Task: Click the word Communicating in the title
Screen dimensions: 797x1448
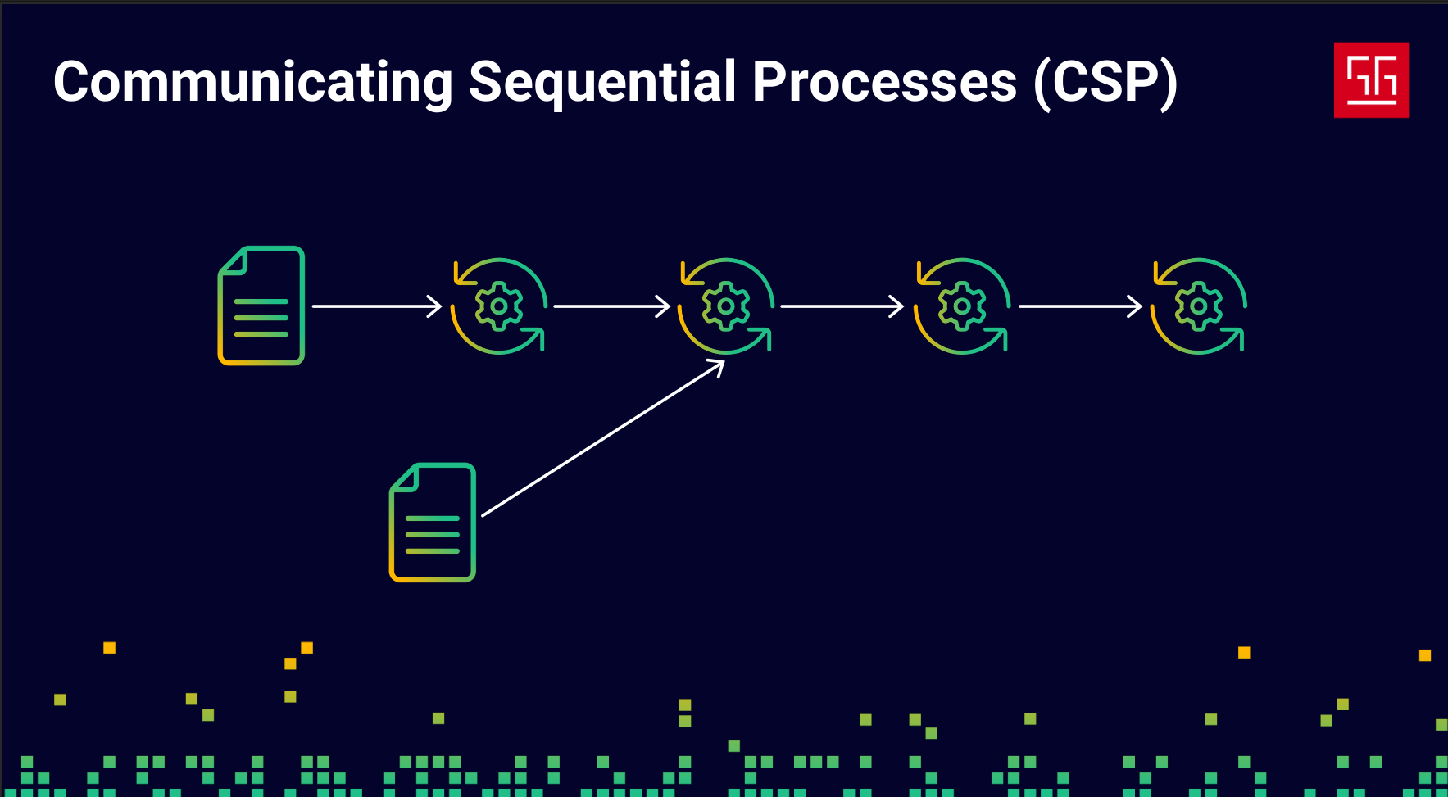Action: click(x=252, y=83)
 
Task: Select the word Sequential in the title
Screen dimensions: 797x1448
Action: click(x=602, y=83)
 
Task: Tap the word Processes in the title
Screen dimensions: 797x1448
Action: click(x=884, y=83)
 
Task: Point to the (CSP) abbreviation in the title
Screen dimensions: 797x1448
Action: click(x=1105, y=83)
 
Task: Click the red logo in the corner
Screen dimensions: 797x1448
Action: click(x=1371, y=79)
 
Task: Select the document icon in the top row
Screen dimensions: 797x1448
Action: click(x=261, y=306)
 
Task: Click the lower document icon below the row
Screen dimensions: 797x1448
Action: click(x=433, y=523)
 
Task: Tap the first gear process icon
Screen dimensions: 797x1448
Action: click(x=498, y=306)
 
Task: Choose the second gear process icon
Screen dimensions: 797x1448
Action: click(x=725, y=306)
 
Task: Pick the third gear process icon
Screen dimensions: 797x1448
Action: click(x=962, y=306)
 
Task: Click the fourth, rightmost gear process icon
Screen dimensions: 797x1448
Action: click(x=1199, y=306)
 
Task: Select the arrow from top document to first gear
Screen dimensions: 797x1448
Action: click(x=376, y=306)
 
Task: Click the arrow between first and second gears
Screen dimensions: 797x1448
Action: click(x=611, y=306)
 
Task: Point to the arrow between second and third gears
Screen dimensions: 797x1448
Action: click(x=842, y=306)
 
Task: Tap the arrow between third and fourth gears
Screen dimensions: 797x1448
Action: click(x=1079, y=306)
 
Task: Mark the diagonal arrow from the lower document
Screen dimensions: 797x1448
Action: click(x=602, y=439)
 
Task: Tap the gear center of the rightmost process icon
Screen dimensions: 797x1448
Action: click(x=1199, y=306)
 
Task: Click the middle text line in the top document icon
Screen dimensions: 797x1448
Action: click(x=261, y=318)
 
